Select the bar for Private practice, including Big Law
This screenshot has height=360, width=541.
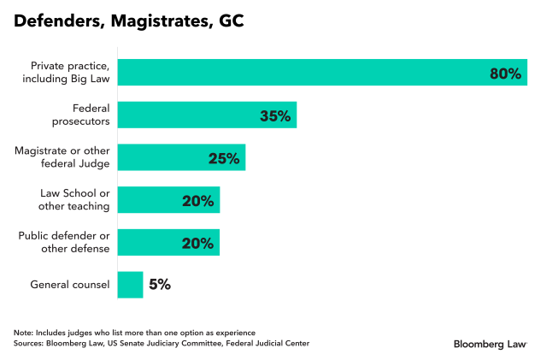click(x=299, y=73)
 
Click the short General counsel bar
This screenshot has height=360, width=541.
click(x=130, y=285)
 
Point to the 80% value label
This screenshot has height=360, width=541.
click(x=505, y=74)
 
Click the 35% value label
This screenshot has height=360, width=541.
click(x=275, y=116)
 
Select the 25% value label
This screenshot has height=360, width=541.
click(x=224, y=158)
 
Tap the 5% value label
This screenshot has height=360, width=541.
click(x=160, y=285)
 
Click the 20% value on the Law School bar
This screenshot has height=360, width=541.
click(x=197, y=201)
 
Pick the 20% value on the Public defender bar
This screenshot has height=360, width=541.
click(x=197, y=243)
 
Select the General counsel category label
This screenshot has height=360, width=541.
click(x=69, y=285)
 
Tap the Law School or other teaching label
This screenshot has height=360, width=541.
click(x=74, y=200)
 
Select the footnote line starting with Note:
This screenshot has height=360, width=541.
click(x=134, y=332)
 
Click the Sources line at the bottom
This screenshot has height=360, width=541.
click(x=162, y=343)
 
